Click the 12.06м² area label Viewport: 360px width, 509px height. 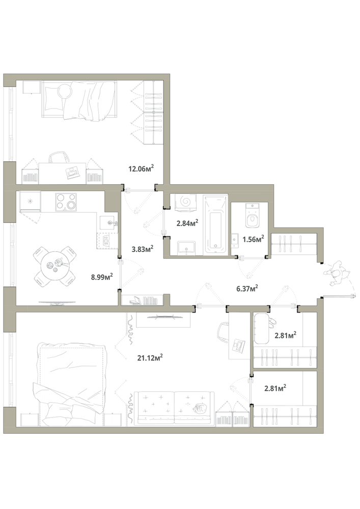click(x=141, y=168)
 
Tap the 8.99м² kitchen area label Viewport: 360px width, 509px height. click(x=102, y=277)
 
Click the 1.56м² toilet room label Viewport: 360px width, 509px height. click(x=253, y=239)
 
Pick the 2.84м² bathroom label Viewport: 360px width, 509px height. click(x=187, y=223)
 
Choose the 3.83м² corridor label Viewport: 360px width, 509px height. click(x=143, y=249)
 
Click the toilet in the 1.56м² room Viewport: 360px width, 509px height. click(x=252, y=215)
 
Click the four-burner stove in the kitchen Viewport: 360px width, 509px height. click(x=66, y=202)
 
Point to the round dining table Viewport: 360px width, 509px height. click(x=55, y=266)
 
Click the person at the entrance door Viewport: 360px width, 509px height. click(x=338, y=274)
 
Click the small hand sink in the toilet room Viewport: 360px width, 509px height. click(x=235, y=241)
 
